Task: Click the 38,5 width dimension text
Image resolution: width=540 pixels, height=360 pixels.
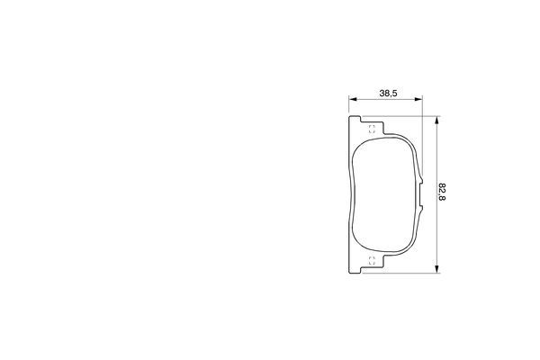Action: click(x=389, y=92)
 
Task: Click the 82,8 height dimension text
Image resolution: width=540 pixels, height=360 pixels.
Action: click(x=442, y=193)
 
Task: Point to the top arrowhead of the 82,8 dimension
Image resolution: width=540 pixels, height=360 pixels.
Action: click(x=436, y=120)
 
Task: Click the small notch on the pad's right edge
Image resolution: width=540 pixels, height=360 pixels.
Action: click(x=423, y=193)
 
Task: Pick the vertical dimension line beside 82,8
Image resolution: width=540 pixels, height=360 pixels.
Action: click(x=436, y=162)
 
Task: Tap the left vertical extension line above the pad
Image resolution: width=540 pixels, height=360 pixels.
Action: click(x=348, y=106)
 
